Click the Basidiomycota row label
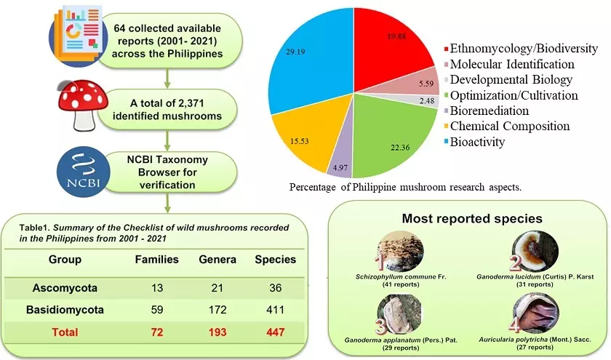(x=65, y=310)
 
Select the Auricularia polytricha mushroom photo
(x=535, y=310)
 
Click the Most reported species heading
(x=463, y=219)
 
